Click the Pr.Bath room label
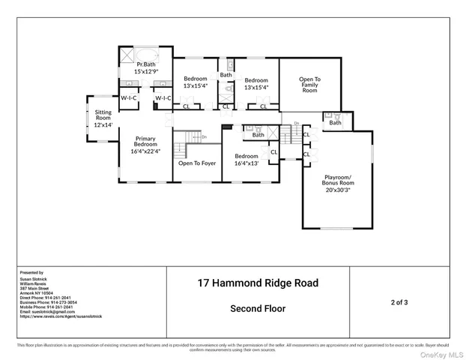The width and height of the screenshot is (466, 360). pos(145,68)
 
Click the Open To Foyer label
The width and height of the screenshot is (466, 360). pos(197,163)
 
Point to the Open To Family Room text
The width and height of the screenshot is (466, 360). pos(309,83)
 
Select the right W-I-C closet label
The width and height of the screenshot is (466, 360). pos(163,98)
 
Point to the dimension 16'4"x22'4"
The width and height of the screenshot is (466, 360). pos(145,151)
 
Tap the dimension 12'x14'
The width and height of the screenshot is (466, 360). pos(103,124)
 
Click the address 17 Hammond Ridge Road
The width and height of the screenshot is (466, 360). pos(257,283)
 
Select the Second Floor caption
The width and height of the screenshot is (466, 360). pos(257,308)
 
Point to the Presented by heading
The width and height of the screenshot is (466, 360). pos(31,273)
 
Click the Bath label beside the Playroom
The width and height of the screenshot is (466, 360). pos(335,122)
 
